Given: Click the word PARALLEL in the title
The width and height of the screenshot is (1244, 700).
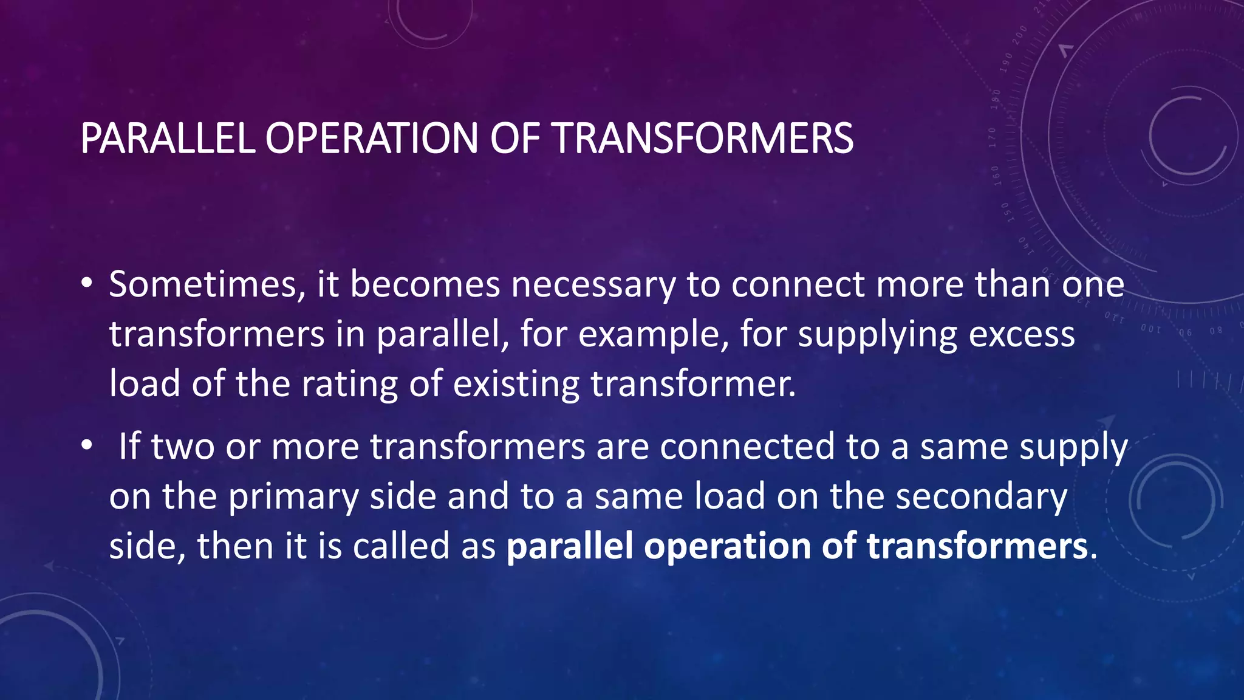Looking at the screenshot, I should point(167,139).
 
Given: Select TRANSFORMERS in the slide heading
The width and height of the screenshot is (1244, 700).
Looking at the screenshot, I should point(703,139).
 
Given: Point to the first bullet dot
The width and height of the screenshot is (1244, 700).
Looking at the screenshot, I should point(87,283).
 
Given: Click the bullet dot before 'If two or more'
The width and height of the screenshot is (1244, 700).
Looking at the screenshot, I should point(87,445).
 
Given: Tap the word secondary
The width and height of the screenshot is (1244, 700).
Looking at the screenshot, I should point(981,496).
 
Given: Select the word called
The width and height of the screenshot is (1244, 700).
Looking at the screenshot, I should point(402,546).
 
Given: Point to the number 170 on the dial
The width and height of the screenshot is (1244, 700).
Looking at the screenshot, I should point(992,138).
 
